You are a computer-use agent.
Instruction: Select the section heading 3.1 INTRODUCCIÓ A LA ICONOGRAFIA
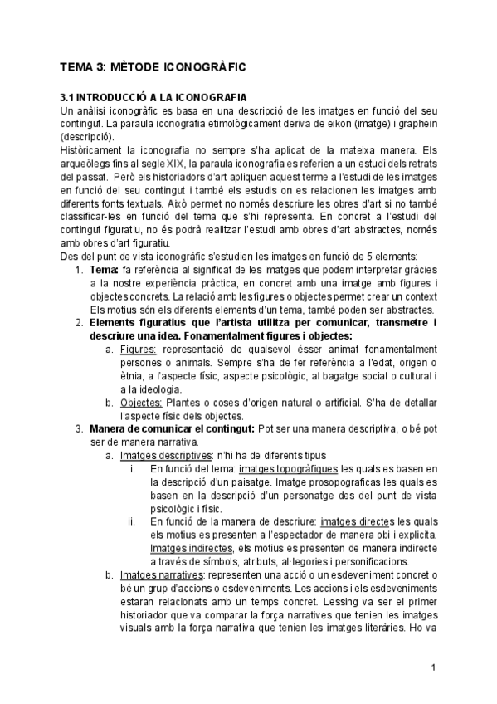(x=159, y=97)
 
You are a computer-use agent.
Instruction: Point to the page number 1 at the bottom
(x=434, y=667)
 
